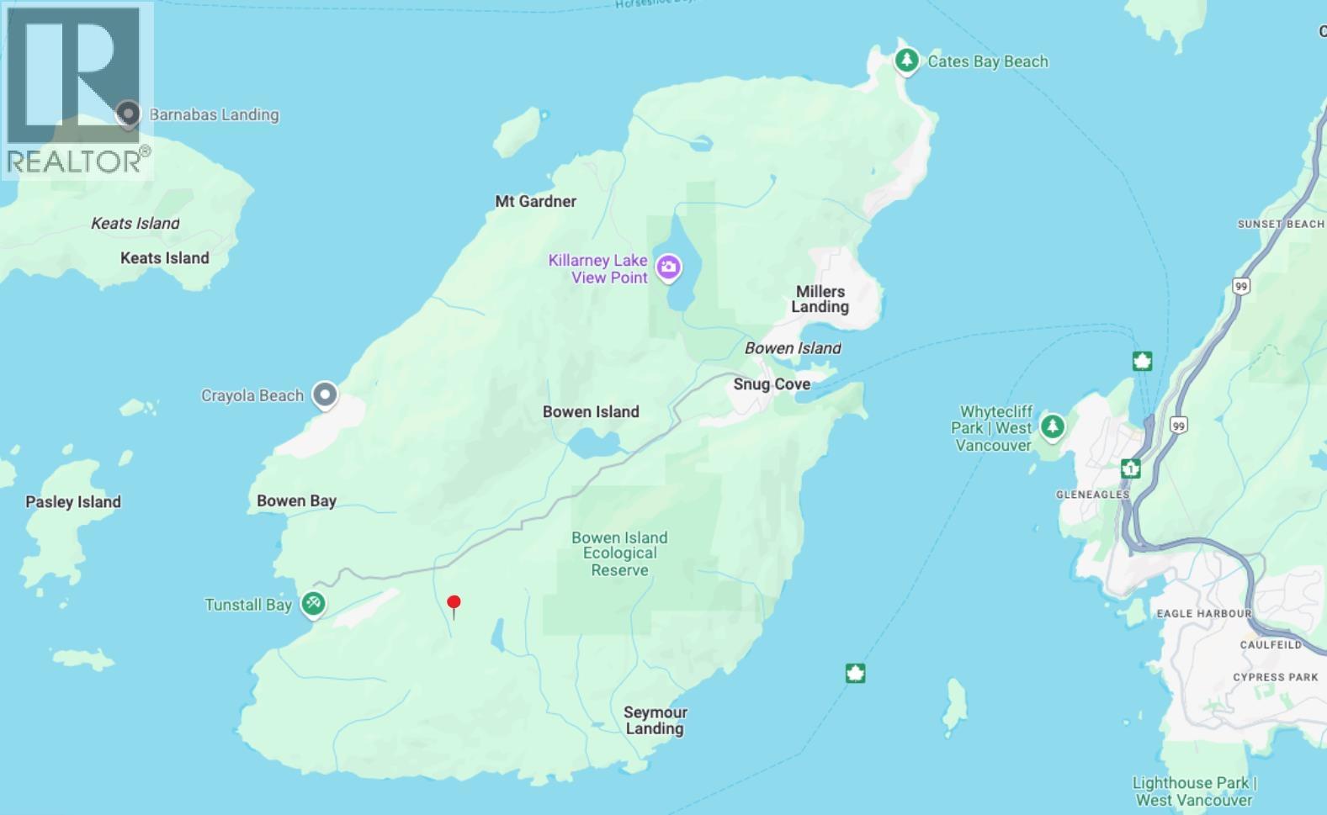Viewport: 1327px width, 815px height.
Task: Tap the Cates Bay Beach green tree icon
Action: (906, 61)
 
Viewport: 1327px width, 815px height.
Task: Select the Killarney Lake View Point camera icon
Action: (669, 268)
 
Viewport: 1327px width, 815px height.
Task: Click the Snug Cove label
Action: (772, 384)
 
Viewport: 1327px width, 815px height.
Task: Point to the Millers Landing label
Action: (820, 299)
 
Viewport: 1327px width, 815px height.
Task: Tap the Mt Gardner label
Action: (536, 201)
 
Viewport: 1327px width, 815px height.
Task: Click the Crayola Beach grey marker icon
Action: (325, 394)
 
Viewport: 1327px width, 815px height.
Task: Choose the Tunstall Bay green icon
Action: (313, 603)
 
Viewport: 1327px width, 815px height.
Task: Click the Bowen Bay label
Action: (296, 500)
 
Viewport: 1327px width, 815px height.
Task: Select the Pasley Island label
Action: (73, 502)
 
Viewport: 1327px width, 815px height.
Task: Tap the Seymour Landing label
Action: (655, 721)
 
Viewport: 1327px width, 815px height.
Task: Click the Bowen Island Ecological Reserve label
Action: (619, 553)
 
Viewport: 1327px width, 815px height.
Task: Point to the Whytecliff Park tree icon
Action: (1052, 426)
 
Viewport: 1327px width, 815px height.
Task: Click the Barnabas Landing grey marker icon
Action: (128, 114)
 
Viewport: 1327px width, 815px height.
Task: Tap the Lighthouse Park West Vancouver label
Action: (1194, 791)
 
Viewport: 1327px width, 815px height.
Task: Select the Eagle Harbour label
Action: (1203, 613)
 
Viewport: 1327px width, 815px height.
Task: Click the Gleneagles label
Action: (1092, 495)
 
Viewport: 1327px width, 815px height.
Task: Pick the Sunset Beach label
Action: (1281, 224)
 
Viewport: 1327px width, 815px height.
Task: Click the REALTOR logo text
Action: (74, 161)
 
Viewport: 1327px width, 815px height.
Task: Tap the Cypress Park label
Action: (1275, 677)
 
